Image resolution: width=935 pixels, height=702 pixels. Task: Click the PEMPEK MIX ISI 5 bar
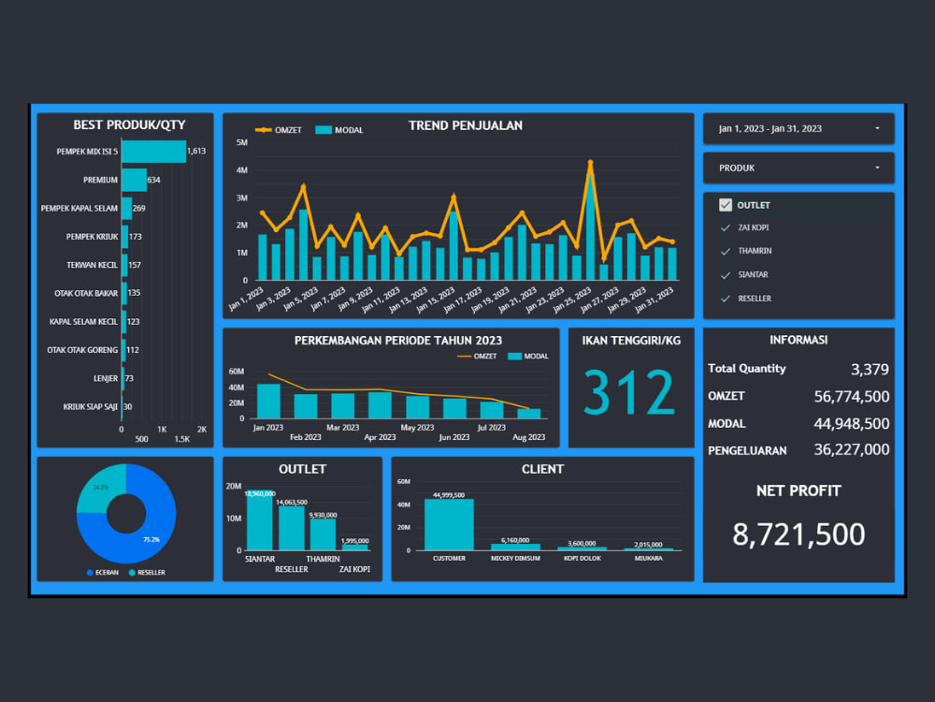(x=153, y=151)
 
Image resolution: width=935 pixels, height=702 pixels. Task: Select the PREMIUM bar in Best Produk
(x=134, y=180)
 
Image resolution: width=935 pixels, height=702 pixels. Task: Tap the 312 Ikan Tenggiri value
(x=628, y=393)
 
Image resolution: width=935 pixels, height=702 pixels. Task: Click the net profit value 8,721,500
(x=798, y=534)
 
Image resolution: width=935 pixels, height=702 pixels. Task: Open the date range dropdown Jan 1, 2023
(x=798, y=128)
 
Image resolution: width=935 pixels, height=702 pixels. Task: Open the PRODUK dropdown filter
(x=798, y=168)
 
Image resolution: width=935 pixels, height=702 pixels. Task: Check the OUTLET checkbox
(x=726, y=205)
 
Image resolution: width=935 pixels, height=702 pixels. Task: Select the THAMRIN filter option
(x=754, y=251)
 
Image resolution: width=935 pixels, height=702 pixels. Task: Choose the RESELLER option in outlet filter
(x=755, y=299)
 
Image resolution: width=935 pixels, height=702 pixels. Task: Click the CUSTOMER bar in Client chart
(x=449, y=524)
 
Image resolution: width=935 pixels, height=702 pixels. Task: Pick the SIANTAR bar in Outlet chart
(x=259, y=521)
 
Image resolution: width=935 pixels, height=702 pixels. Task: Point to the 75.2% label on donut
(x=151, y=539)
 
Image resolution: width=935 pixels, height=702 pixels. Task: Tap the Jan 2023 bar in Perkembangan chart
(x=268, y=401)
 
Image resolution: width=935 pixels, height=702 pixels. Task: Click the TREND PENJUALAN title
(x=465, y=125)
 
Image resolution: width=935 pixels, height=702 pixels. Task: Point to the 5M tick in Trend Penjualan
(x=241, y=143)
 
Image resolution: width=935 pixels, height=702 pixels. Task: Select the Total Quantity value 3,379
(x=870, y=369)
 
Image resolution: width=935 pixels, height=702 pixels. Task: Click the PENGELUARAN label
(x=747, y=450)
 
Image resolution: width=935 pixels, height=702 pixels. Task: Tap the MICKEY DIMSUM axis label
(x=515, y=559)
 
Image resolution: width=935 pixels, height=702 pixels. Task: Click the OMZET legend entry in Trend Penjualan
(x=280, y=130)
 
